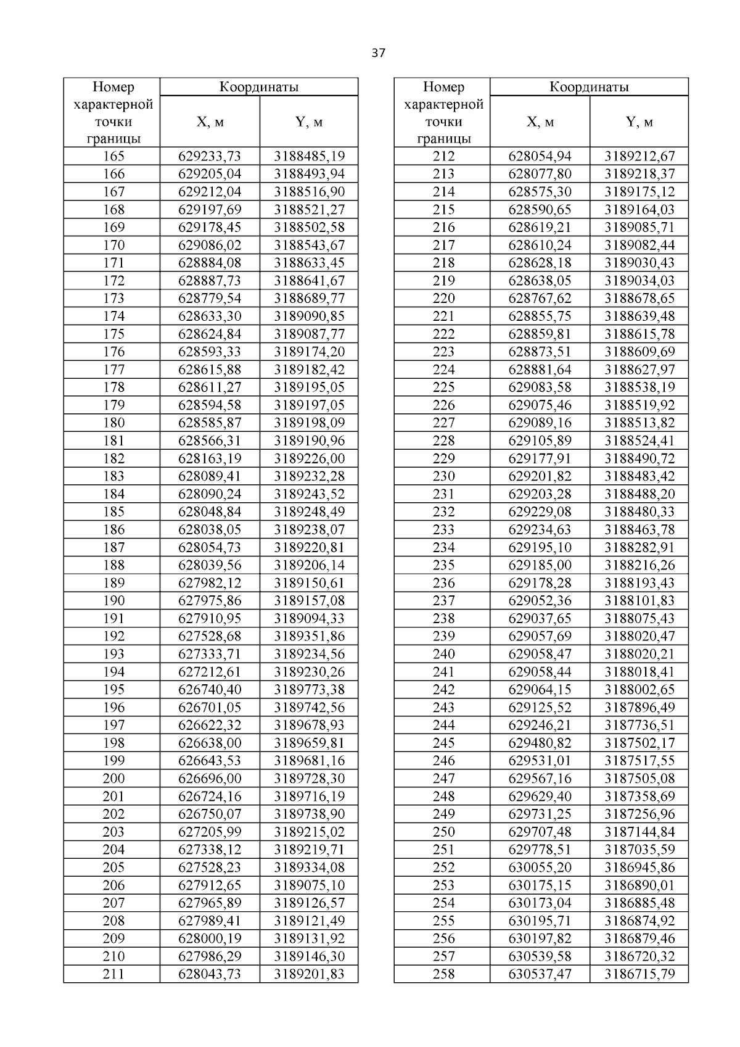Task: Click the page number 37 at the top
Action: (x=378, y=54)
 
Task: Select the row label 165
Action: (x=113, y=156)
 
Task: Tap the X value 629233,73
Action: (x=210, y=156)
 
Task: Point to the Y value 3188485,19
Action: (x=309, y=156)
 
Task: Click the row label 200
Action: (x=113, y=779)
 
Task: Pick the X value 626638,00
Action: (x=210, y=743)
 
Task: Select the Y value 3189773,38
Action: (x=309, y=690)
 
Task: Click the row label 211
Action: (x=113, y=974)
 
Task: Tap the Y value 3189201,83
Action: (x=309, y=974)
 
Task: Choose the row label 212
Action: (x=443, y=156)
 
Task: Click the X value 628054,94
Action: (x=540, y=156)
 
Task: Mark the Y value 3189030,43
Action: (x=639, y=263)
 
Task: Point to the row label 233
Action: (x=443, y=529)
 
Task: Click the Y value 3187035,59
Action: (x=639, y=850)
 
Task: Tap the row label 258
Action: (x=443, y=974)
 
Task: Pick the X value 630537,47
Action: (x=540, y=974)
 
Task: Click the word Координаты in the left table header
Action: (x=259, y=87)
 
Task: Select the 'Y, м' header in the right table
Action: (x=639, y=122)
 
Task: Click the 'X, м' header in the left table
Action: (x=210, y=122)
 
